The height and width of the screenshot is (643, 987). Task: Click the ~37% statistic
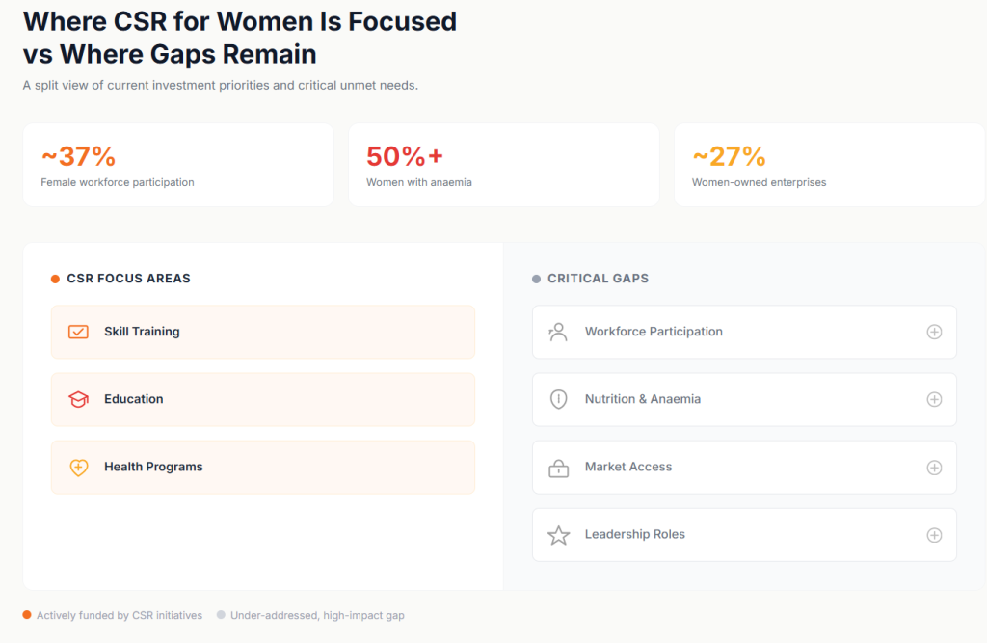[78, 155]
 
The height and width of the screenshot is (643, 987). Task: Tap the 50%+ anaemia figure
[405, 155]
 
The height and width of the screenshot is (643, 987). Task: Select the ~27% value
[729, 155]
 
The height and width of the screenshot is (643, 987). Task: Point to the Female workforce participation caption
[118, 182]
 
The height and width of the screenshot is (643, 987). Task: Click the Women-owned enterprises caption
[759, 182]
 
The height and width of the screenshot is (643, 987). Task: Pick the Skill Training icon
[78, 332]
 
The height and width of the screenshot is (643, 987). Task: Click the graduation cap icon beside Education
[78, 399]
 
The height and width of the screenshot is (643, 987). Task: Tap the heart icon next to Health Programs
[78, 468]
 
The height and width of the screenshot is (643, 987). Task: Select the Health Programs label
[153, 467]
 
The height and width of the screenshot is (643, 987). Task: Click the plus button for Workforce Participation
[934, 332]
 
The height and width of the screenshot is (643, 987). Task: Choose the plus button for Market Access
[934, 468]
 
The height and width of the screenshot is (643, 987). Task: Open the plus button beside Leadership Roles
[934, 535]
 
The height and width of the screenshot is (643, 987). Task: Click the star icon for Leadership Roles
[558, 535]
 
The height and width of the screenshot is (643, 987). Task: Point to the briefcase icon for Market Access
[558, 469]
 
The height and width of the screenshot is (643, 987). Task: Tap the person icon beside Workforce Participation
[558, 332]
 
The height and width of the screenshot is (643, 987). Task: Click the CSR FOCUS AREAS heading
[128, 279]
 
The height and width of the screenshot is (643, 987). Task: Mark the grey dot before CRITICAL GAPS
[537, 279]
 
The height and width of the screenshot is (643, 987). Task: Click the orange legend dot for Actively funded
[27, 615]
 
